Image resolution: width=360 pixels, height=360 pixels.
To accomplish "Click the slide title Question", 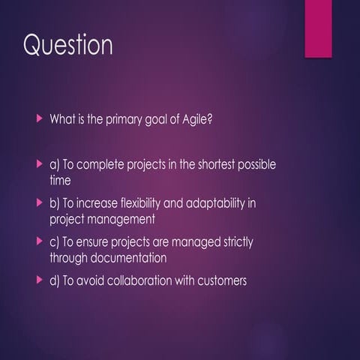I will pyautogui.click(x=68, y=46).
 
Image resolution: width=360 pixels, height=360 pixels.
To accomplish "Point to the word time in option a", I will pyautogui.click(x=60, y=180).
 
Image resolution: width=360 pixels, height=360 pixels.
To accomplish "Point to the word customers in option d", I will pyautogui.click(x=221, y=282).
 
